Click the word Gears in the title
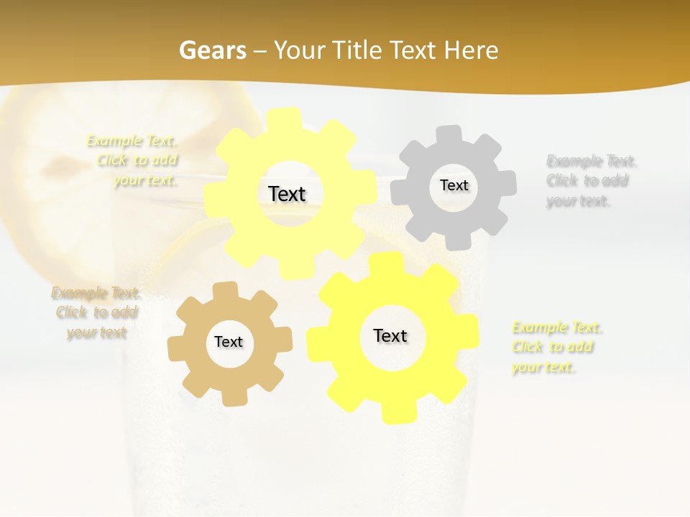213,50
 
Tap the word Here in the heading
471,50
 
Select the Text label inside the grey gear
454,185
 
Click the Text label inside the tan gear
229,343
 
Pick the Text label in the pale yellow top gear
287,194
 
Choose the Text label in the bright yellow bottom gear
390,335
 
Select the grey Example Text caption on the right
591,181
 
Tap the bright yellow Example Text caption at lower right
557,348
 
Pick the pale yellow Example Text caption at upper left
134,160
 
